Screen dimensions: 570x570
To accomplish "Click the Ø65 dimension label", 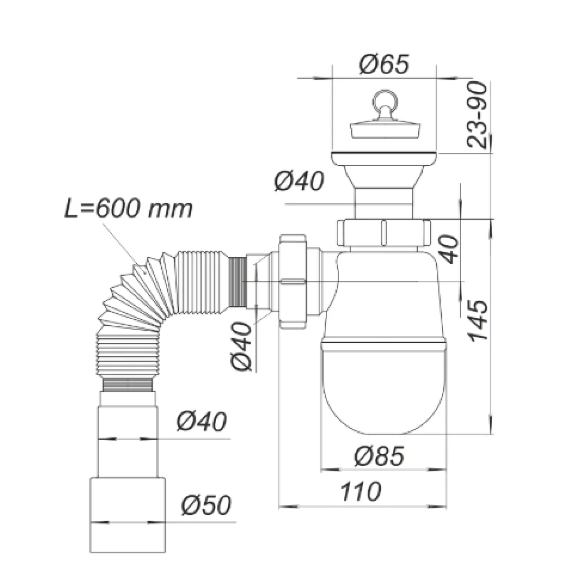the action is (x=384, y=64).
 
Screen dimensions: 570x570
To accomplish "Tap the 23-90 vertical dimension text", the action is (x=476, y=115).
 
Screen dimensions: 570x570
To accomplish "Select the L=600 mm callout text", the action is (x=129, y=209).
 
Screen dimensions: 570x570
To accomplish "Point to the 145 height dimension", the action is (x=477, y=321).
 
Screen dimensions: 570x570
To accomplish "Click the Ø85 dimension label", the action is (x=379, y=456).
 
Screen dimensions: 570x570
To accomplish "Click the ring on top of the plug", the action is (x=384, y=100).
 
